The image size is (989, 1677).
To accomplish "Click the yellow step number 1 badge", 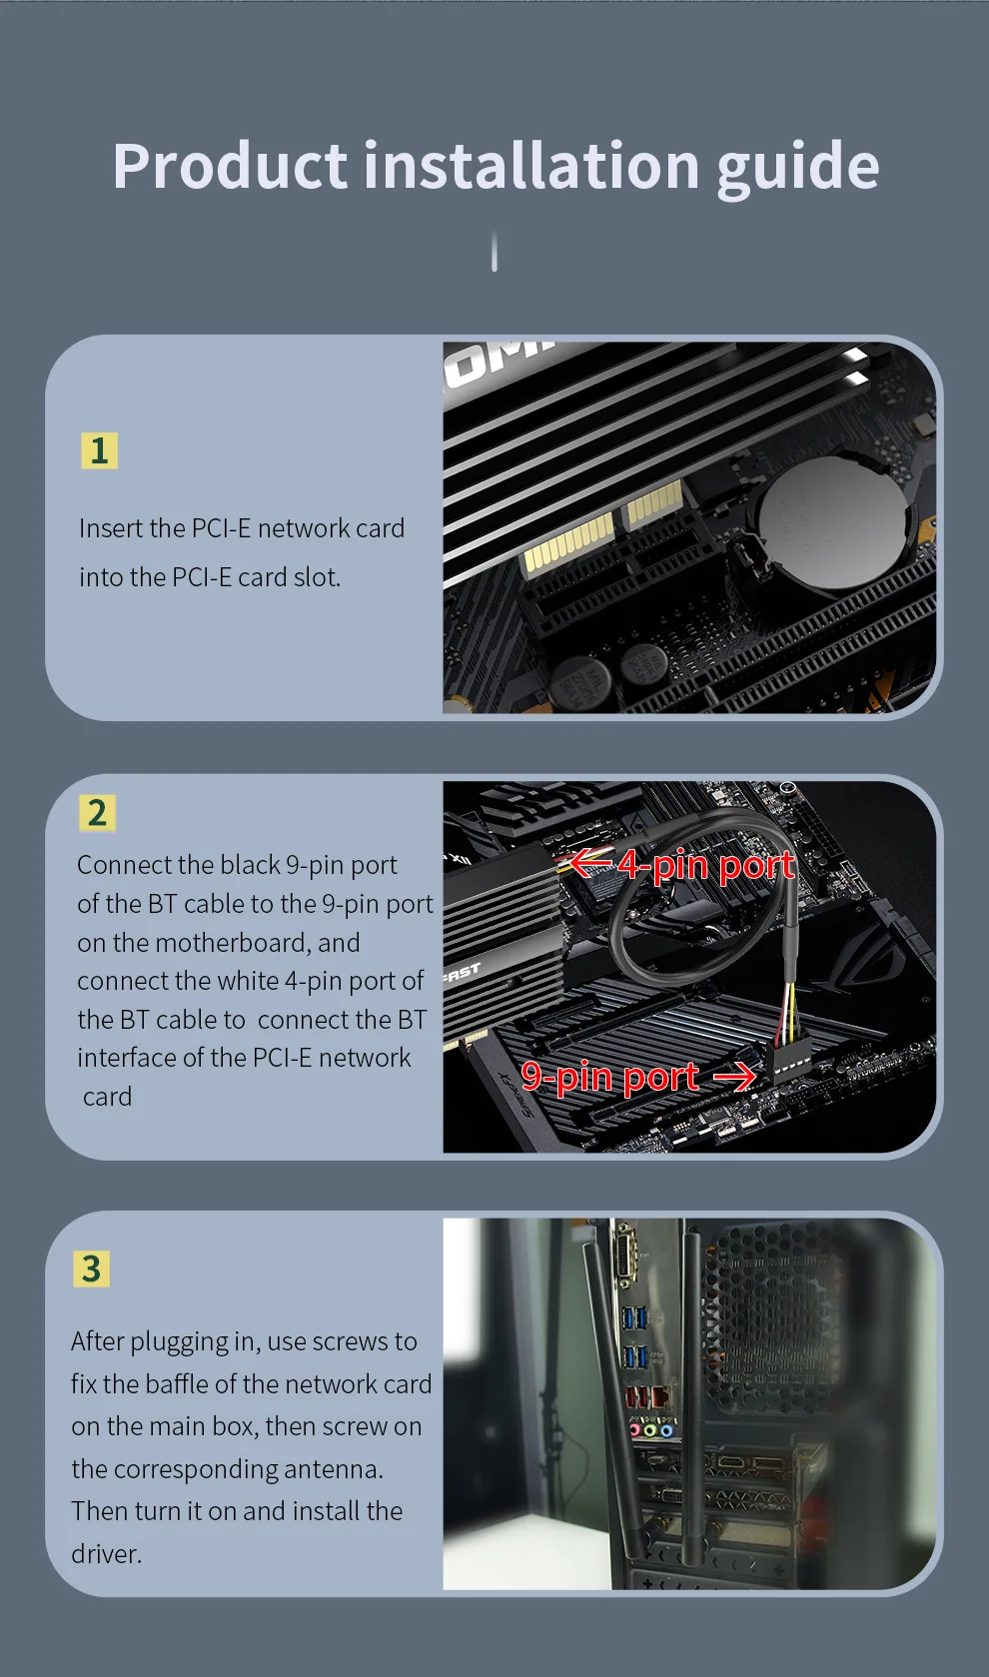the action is [99, 450].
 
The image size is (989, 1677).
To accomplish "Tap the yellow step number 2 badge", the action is [97, 813].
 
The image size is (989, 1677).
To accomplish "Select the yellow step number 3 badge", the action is [91, 1268].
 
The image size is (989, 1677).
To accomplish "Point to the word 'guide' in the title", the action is [798, 169].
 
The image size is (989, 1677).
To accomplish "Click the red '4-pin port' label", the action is [706, 866].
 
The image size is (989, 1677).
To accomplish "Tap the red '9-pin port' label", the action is [609, 1077].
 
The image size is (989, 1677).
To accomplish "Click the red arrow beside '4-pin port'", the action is [591, 863].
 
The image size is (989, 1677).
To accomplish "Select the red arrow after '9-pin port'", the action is [734, 1078].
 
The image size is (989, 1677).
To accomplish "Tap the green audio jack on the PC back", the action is [650, 1430].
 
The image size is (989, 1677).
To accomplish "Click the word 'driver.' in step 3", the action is [106, 1554].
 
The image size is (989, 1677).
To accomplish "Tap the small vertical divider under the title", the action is [494, 252].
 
